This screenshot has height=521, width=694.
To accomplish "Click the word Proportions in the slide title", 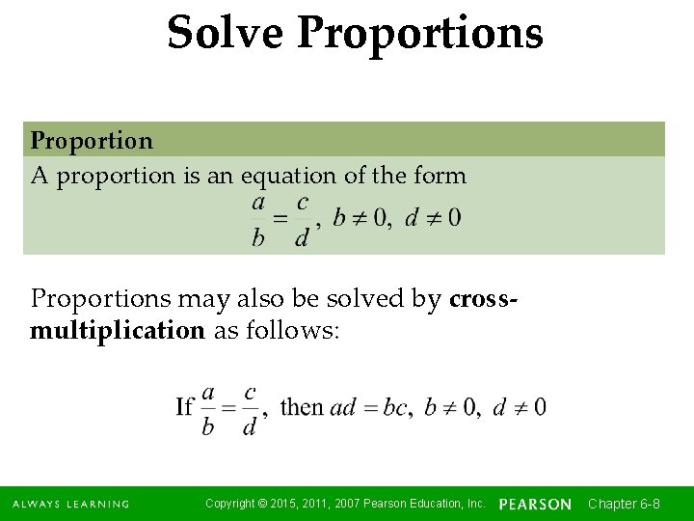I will coord(420,33).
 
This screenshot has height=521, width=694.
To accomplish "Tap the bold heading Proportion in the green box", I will coord(92,141).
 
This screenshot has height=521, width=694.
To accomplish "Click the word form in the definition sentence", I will coord(442,177).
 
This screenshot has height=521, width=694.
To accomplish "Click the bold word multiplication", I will coord(118,331).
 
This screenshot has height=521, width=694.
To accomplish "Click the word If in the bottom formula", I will coord(185,406).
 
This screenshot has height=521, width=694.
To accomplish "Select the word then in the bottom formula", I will coord(302,406).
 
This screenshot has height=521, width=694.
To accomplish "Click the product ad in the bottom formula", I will coord(343,407).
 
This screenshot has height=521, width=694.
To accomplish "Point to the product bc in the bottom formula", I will coord(395,407).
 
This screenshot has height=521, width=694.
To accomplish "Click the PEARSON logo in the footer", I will coord(535,505).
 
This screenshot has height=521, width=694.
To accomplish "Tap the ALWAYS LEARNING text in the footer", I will coord(70,505).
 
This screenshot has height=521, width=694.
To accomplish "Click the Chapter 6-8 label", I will coord(624,504).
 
